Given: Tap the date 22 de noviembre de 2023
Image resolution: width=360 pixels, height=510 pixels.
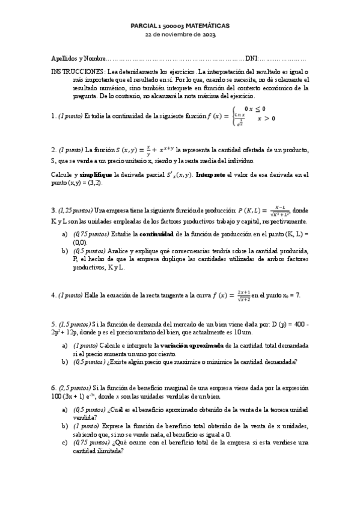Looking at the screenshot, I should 180,35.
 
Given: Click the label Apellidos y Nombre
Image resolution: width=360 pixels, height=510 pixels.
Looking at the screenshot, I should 76,59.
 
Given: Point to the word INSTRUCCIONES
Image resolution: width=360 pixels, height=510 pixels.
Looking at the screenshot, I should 75,71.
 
